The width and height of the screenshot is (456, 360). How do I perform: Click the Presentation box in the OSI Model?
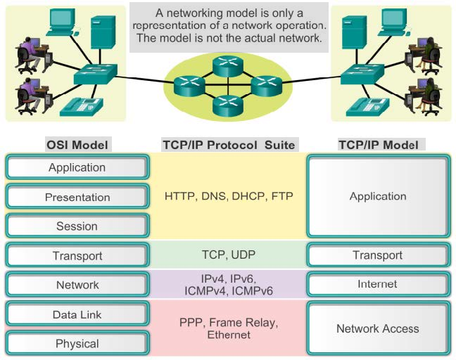(77, 197)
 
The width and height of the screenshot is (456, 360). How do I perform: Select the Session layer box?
(77, 226)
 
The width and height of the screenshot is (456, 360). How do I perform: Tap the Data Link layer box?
(77, 315)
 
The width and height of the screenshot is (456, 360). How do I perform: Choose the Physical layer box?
(77, 344)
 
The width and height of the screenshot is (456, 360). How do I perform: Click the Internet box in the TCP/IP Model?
(378, 285)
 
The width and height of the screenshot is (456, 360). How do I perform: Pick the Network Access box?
(378, 328)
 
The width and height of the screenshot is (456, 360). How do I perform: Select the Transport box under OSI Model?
(77, 256)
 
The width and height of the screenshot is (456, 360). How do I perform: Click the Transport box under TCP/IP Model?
(378, 255)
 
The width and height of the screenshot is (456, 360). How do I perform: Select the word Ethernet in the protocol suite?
(229, 335)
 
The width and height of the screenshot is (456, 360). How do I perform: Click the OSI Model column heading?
(77, 145)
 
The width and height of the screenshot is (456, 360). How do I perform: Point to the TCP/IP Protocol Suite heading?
(228, 145)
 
